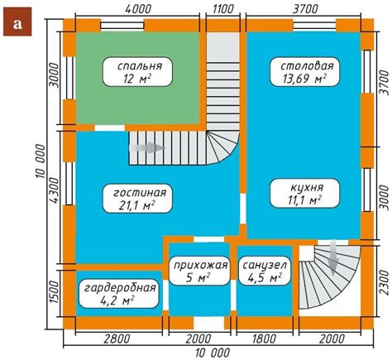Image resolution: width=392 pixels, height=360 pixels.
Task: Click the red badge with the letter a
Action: click(17, 22)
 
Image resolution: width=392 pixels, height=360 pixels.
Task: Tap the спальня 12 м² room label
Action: click(137, 72)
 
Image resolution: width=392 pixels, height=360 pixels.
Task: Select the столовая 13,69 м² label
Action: click(304, 72)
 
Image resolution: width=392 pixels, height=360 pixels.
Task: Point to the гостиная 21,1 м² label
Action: click(137, 199)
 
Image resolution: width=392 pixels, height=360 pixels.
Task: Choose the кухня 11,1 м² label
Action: click(304, 193)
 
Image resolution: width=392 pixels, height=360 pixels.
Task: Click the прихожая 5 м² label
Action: click(199, 271)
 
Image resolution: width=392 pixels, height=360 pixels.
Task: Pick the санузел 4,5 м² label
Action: click(265, 271)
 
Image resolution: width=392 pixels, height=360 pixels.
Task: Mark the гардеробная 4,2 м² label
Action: click(118, 294)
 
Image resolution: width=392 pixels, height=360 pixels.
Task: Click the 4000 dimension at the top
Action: click(138, 9)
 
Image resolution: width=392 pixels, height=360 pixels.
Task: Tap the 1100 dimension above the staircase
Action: click(223, 9)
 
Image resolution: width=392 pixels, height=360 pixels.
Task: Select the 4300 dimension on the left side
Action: click(55, 190)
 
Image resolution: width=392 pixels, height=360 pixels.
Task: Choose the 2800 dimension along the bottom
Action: click(117, 339)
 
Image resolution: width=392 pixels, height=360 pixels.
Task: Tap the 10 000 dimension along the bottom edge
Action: click(213, 353)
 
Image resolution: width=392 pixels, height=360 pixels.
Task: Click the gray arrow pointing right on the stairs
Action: click(147, 148)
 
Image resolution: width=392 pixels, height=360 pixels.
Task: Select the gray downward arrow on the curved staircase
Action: click(333, 258)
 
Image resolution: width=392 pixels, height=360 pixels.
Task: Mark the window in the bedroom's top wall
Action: click(122, 26)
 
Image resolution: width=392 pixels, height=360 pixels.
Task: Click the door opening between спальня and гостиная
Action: click(110, 128)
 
